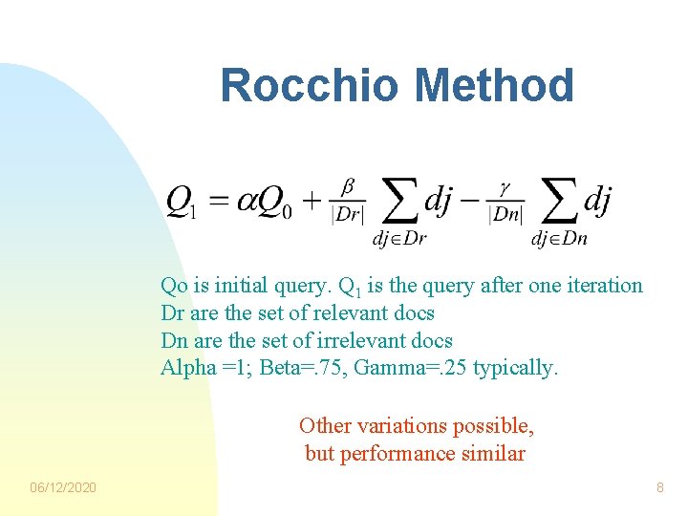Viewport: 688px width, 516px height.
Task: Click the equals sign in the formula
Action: (219, 202)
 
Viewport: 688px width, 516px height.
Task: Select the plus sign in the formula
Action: (312, 202)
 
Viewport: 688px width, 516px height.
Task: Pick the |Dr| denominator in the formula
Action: (347, 216)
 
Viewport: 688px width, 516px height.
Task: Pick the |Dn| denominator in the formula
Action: (506, 216)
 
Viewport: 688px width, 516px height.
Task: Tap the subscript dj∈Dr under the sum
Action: (398, 238)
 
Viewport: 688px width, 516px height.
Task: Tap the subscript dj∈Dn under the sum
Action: (559, 238)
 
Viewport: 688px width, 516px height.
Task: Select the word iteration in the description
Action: (606, 285)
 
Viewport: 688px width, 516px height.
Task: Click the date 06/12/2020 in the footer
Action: (63, 488)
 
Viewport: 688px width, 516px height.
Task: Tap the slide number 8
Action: (659, 488)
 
